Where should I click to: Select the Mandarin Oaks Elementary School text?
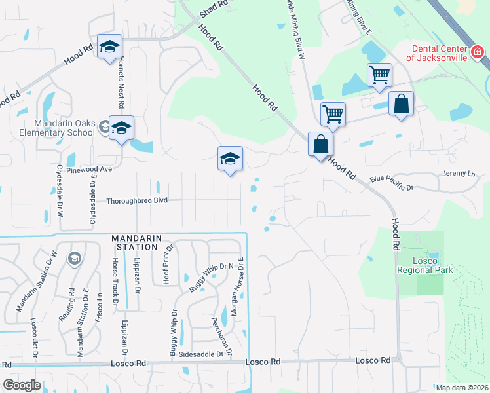click(x=66, y=129)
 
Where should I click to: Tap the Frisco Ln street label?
click(x=100, y=305)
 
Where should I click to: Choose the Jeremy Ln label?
click(x=458, y=174)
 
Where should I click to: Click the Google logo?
click(x=22, y=385)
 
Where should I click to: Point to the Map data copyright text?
click(x=462, y=388)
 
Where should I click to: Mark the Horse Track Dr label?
click(x=115, y=284)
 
